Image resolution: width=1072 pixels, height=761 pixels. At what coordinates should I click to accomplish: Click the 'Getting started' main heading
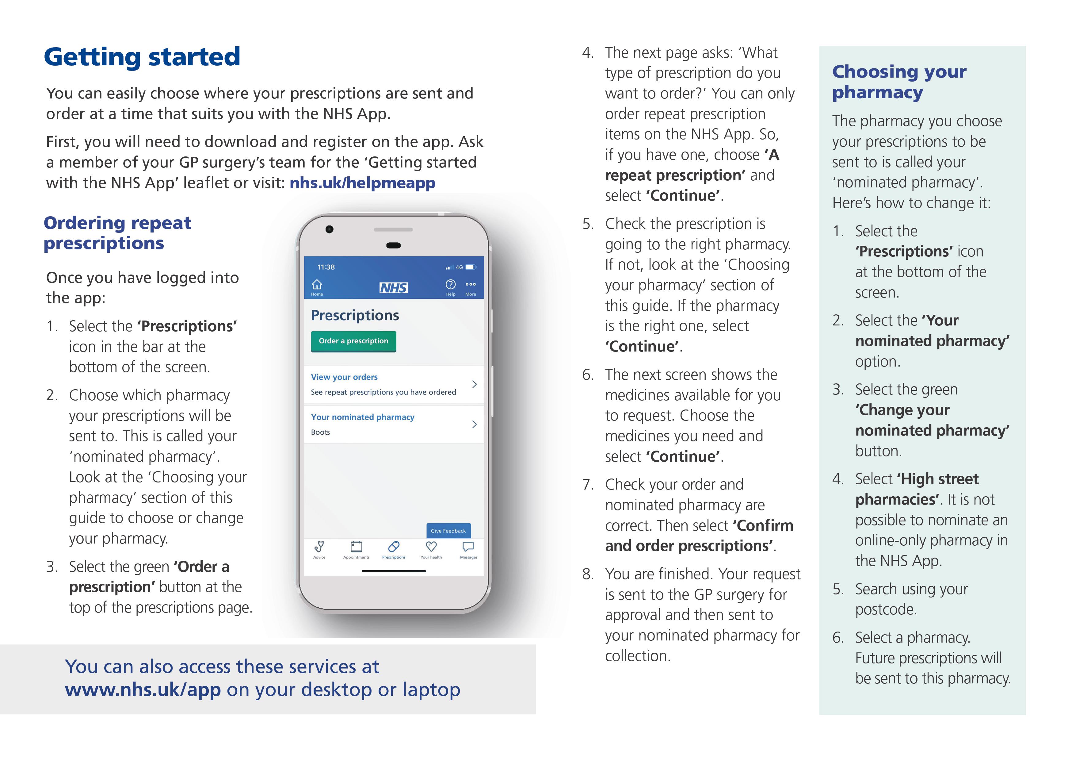click(142, 57)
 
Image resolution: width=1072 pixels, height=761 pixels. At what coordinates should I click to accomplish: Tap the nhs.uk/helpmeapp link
click(362, 183)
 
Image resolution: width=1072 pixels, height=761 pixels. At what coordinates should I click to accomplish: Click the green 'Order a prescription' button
click(353, 341)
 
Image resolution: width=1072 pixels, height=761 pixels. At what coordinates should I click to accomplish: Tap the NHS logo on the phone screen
click(393, 288)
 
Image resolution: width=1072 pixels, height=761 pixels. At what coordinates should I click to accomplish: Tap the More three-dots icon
click(470, 284)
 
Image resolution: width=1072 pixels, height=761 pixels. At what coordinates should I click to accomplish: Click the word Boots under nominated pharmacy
click(320, 432)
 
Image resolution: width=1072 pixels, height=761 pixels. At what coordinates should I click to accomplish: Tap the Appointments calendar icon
click(356, 547)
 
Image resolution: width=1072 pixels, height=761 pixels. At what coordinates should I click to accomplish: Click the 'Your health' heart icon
click(431, 547)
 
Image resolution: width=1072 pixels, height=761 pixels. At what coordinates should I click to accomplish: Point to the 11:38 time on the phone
click(326, 267)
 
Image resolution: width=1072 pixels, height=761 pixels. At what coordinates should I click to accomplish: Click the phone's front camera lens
click(329, 229)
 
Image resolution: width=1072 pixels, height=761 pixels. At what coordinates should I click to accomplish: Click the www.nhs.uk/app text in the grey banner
click(143, 690)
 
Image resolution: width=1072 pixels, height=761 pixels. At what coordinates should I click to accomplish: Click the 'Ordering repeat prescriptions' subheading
click(117, 233)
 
